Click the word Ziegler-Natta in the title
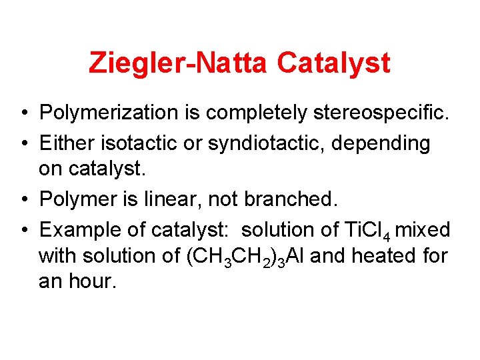178,63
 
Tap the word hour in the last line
92,281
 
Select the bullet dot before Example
23,230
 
